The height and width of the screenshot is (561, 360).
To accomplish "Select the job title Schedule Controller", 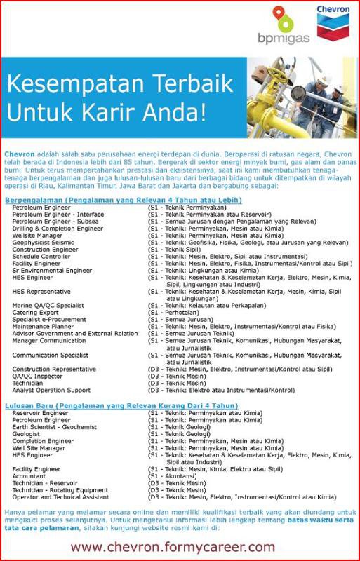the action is tap(41, 256).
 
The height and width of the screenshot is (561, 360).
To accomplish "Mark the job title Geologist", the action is tap(27, 433).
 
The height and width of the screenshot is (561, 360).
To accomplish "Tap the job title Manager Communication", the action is tap(48, 340).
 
